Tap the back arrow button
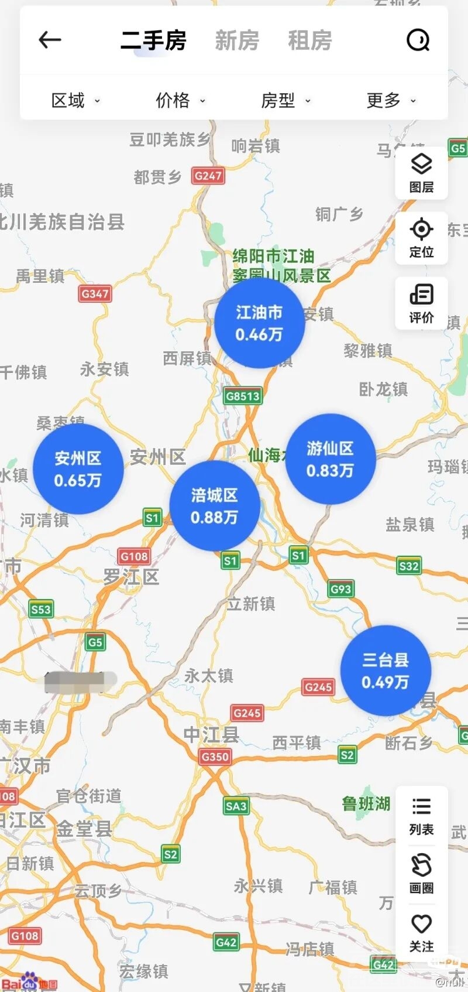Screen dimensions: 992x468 [50, 40]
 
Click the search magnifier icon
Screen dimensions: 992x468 [418, 40]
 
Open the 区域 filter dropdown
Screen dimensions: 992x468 [75, 101]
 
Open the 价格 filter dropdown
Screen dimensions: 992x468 [180, 101]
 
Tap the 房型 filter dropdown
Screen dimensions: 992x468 [285, 101]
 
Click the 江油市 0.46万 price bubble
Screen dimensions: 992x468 [259, 323]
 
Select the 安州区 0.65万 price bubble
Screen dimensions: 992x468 [78, 469]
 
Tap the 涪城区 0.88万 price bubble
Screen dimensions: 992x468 [214, 506]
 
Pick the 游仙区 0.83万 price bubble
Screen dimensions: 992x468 [330, 459]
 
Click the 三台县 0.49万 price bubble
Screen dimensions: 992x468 [385, 671]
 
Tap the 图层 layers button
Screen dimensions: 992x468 [421, 173]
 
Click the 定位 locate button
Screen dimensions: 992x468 [421, 238]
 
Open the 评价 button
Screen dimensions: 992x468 [421, 303]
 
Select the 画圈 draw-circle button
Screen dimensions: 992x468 [421, 874]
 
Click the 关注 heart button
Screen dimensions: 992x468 [421, 932]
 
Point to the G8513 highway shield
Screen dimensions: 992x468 [242, 396]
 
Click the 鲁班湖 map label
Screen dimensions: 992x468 [366, 803]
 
